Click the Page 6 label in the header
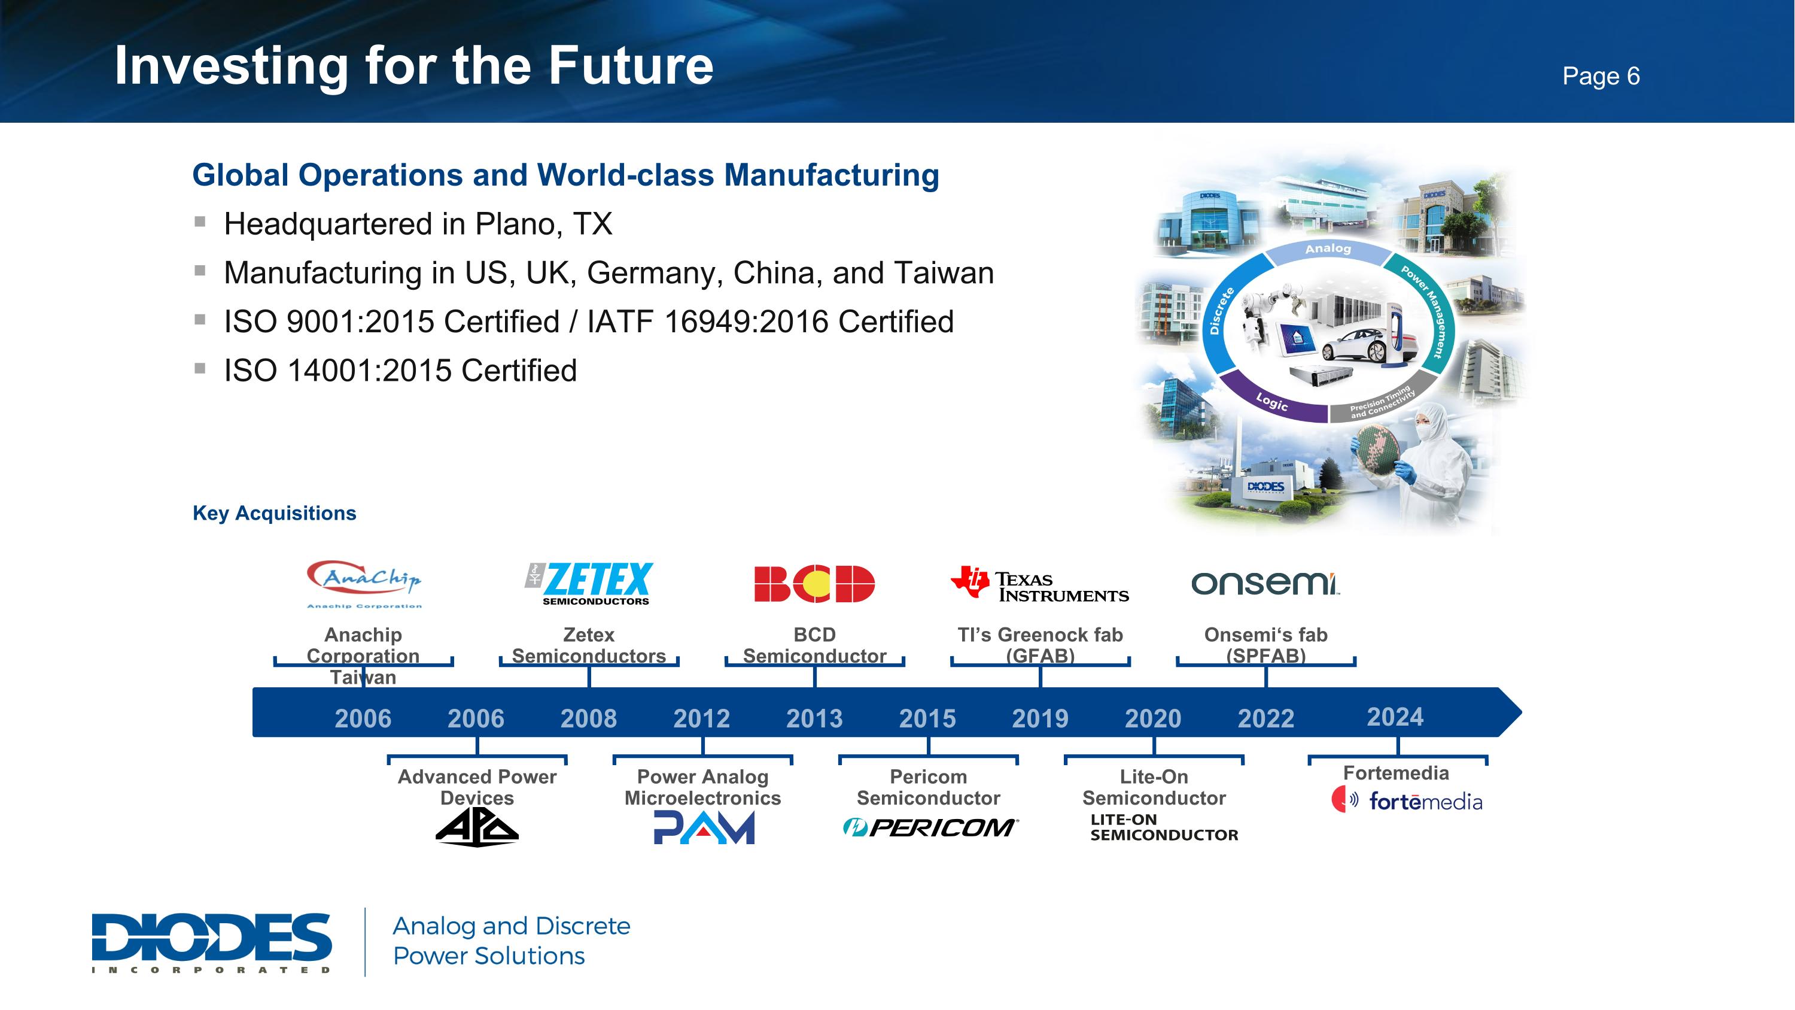coord(1601,76)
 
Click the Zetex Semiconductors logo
coord(589,583)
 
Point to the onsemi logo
coord(1265,583)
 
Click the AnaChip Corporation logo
coord(364,583)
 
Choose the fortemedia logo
coord(1407,800)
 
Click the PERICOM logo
coord(930,827)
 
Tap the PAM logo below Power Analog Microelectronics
coord(703,828)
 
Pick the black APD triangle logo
coord(477,829)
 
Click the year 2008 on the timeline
coord(588,718)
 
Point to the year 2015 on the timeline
coord(927,718)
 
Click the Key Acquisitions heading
coord(274,513)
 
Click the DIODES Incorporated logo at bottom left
coord(211,942)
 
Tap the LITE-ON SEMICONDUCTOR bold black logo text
coord(1163,827)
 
